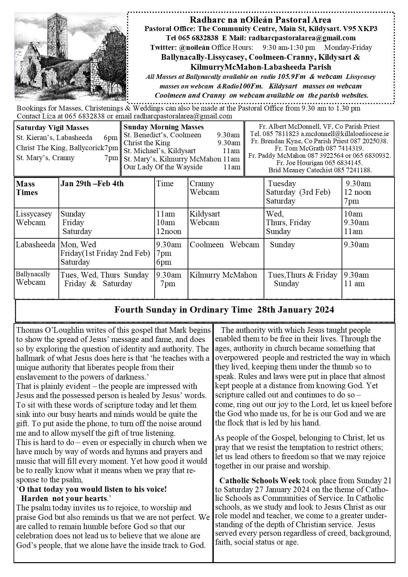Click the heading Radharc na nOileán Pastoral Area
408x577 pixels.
[x=260, y=20]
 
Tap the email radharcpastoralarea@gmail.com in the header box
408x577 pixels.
[x=302, y=38]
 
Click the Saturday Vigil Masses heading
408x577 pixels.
[x=52, y=128]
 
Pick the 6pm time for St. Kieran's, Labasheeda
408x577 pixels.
[x=110, y=138]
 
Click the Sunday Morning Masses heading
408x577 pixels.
[x=164, y=127]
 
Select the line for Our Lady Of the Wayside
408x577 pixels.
[x=163, y=167]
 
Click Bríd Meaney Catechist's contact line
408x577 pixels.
[x=320, y=170]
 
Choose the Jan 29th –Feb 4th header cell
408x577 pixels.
[x=92, y=184]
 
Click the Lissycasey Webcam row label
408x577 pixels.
[x=34, y=218]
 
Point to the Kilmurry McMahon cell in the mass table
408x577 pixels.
[x=223, y=275]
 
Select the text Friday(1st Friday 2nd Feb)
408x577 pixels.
[x=105, y=253]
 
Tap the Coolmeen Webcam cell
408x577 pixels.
[x=224, y=245]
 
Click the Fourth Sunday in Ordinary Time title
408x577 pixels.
[x=224, y=310]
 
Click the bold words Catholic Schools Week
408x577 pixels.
[x=260, y=480]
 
